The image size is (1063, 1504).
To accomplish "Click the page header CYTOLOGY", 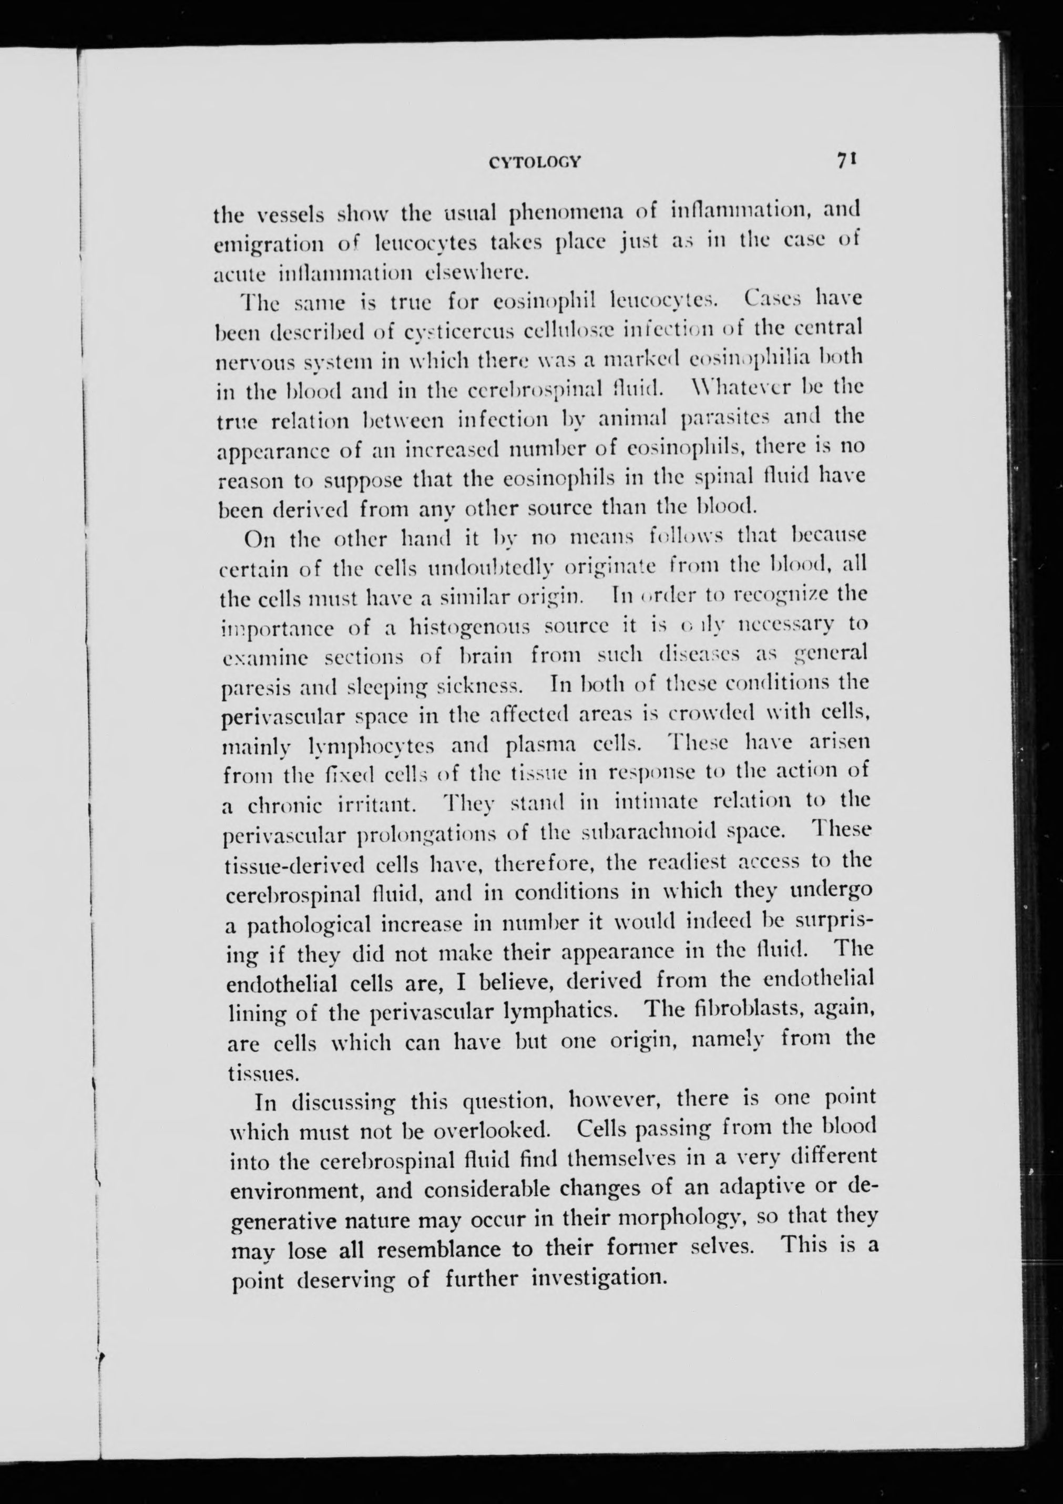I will [535, 162].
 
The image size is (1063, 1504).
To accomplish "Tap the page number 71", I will [847, 160].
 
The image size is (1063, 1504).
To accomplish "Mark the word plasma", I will [541, 745].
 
